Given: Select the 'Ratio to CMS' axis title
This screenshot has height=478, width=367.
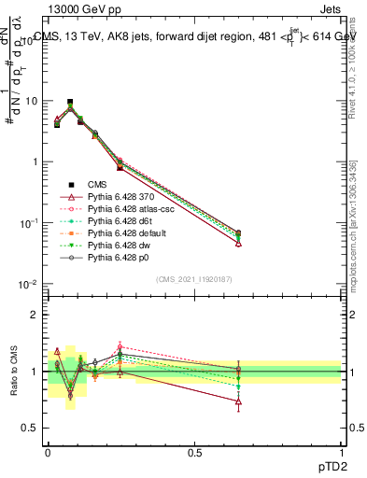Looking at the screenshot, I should click(16, 371).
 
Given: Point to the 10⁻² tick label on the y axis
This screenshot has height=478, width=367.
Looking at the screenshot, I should click(27, 284).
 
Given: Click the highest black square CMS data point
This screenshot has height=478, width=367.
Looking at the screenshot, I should click(70, 102).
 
